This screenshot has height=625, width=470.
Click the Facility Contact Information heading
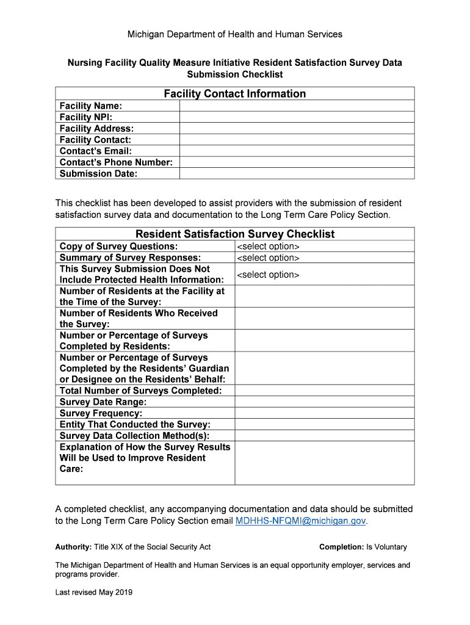coord(234,93)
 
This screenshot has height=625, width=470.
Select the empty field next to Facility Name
coord(297,106)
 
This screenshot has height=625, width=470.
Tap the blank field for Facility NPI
coord(297,117)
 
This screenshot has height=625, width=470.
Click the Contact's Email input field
coord(297,151)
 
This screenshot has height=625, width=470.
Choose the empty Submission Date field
coord(297,173)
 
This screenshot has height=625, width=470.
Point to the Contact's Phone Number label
coord(116,162)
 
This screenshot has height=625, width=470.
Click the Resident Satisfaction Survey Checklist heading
coord(234,234)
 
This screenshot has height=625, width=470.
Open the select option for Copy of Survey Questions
coord(268,247)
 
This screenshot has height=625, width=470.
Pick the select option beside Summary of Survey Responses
coord(268,258)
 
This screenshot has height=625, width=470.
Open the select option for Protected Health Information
coord(268,275)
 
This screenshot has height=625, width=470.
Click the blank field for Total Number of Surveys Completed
coord(324,391)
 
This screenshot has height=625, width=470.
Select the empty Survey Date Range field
coord(324,402)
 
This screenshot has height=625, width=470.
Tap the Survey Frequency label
coord(101,413)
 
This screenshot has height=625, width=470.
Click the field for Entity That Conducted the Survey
coord(324,424)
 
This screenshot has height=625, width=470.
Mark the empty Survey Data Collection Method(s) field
coord(324,436)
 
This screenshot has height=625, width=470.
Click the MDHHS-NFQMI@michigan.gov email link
coord(301,521)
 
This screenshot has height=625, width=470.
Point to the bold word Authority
coord(73,547)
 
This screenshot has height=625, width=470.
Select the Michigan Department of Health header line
coord(234,34)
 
